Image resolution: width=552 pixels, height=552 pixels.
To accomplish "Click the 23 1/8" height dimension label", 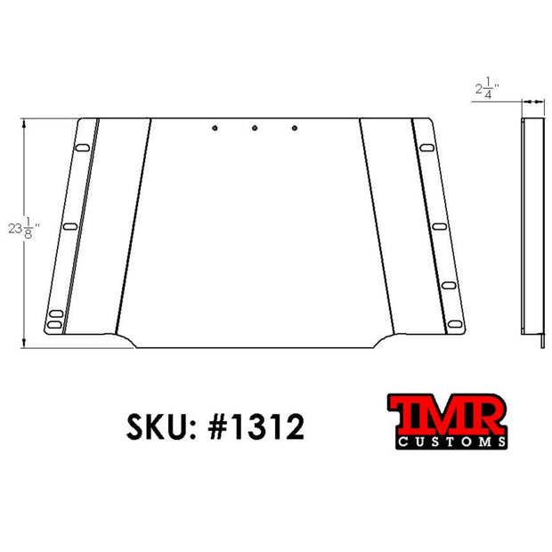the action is (23, 228).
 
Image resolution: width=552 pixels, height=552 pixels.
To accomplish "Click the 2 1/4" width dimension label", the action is (487, 88).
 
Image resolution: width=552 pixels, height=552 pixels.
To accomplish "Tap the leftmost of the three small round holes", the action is (215, 128).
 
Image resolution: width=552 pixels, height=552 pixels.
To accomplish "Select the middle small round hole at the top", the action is (255, 128).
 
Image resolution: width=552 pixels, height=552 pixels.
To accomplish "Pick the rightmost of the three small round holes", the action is (295, 128).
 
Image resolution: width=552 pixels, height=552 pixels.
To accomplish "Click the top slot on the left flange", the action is (83, 148).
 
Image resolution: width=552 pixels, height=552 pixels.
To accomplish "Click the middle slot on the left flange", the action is (70, 226).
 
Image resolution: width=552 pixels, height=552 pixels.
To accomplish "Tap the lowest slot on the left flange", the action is (54, 324).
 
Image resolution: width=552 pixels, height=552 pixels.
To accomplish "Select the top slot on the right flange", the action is (426, 148).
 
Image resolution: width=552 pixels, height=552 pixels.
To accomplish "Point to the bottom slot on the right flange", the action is (454, 324).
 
